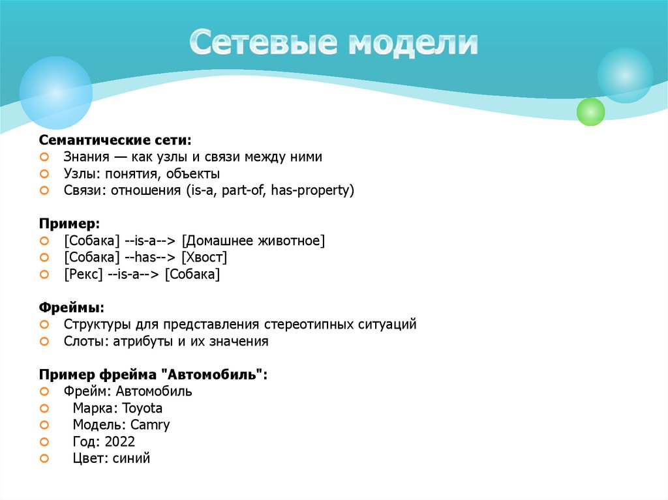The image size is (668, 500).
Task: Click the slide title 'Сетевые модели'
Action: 334,43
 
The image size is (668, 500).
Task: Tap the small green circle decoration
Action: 591,111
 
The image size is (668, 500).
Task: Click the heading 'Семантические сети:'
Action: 115,140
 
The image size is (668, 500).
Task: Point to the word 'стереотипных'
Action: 303,324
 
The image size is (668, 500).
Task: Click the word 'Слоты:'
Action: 85,341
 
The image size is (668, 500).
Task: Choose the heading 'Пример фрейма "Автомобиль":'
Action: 154,374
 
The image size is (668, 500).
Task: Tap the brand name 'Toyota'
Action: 142,408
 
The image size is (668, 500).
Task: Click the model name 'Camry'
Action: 150,425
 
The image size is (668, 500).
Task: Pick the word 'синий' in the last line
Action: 131,459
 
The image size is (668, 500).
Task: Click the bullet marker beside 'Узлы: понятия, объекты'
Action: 44,174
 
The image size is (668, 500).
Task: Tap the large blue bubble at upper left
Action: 55,92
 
